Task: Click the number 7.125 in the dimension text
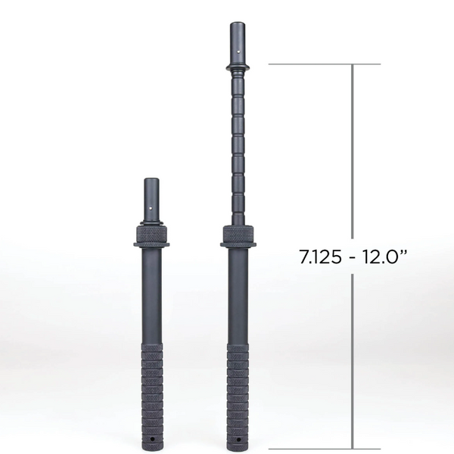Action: [320, 257]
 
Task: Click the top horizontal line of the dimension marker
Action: [325, 64]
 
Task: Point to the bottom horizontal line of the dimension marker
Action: [325, 449]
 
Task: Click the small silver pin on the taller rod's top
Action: [238, 52]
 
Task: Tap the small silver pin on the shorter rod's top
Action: [152, 207]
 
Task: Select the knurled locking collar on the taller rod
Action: [238, 236]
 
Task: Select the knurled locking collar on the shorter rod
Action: [151, 236]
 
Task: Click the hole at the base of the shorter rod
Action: [151, 440]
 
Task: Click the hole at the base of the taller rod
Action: [238, 440]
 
